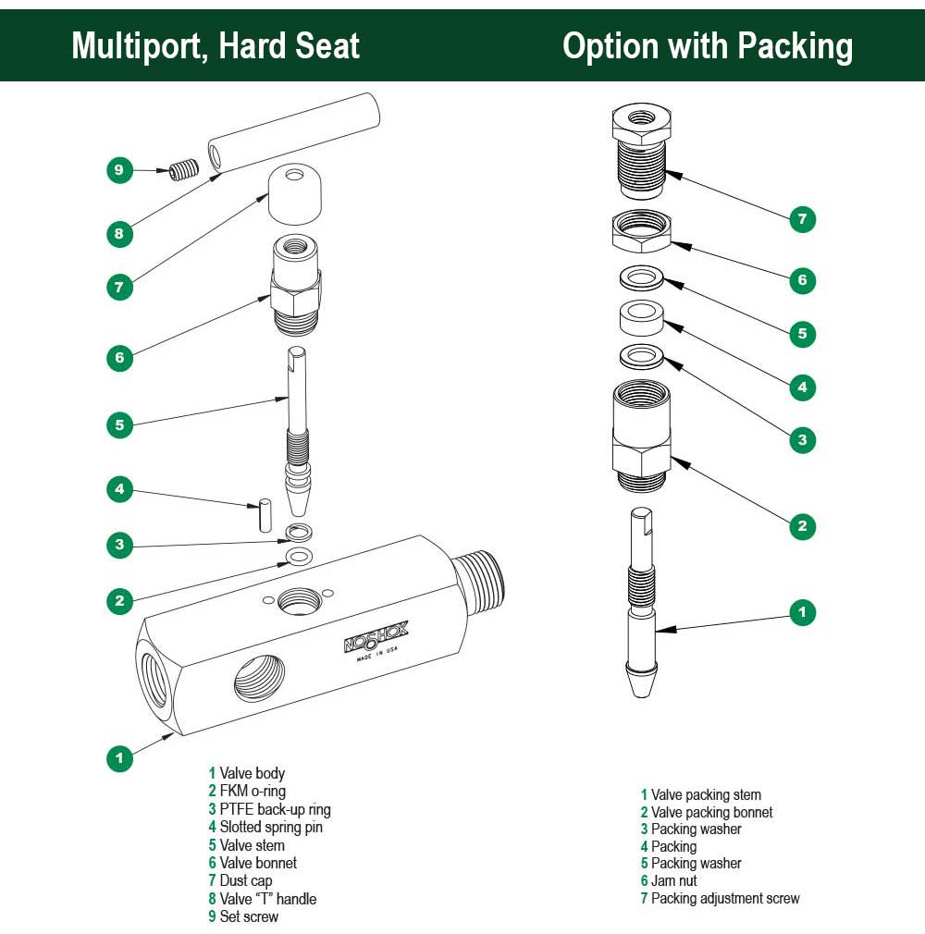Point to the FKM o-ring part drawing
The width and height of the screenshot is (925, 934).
pos(298,556)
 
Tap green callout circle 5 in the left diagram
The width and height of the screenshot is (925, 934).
pos(119,425)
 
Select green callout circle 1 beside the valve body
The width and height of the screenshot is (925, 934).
pos(119,757)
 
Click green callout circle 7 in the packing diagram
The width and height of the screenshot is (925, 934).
pos(802,220)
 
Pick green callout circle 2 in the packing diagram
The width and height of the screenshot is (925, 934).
pos(802,526)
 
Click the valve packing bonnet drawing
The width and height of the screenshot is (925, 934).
pos(641,435)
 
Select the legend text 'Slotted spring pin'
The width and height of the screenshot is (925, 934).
pos(271,828)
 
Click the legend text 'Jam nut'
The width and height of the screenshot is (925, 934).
pos(673,880)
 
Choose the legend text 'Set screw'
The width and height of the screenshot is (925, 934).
pos(249,916)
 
